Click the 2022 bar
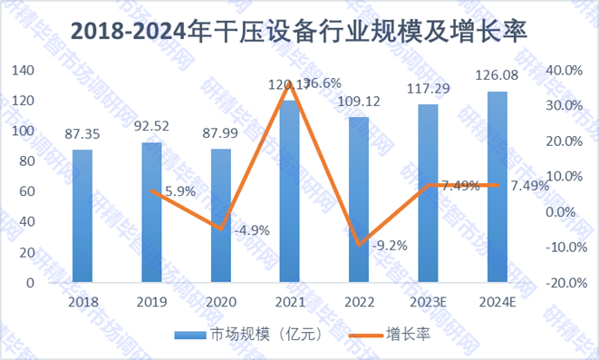(x=359, y=199)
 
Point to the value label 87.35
(x=82, y=134)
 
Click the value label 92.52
(x=151, y=126)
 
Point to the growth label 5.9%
(x=178, y=191)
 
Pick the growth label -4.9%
(x=249, y=229)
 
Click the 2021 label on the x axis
(x=290, y=301)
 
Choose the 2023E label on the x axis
(x=428, y=301)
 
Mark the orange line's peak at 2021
(x=290, y=83)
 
